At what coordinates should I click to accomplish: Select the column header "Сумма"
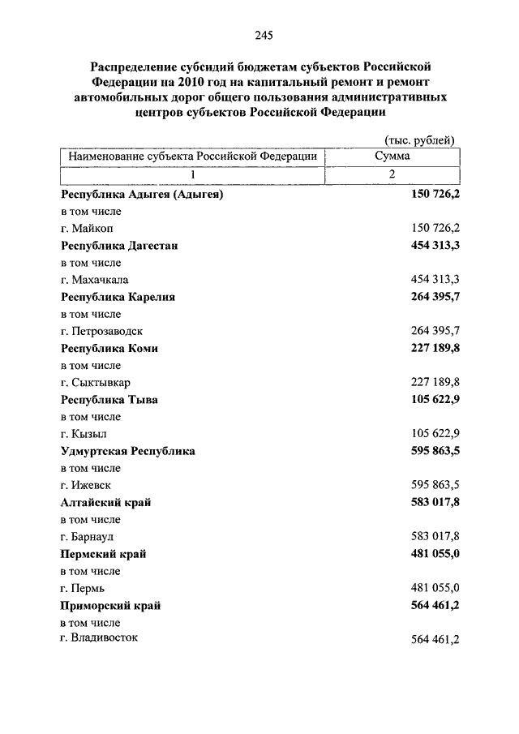coord(392,155)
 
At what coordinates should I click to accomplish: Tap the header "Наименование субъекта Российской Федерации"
coord(192,155)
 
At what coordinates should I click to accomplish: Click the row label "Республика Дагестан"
coord(119,246)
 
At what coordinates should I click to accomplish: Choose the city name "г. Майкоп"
coord(87,229)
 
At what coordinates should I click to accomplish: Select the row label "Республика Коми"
coord(109,348)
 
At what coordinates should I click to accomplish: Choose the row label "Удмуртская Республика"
coord(128,451)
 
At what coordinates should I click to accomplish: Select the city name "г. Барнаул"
coord(90,537)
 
